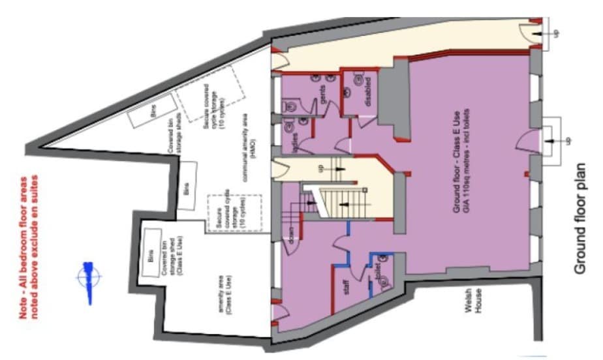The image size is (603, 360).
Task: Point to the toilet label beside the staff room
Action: pyautogui.click(x=377, y=273)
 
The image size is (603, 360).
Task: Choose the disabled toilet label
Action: pyautogui.click(x=369, y=92)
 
